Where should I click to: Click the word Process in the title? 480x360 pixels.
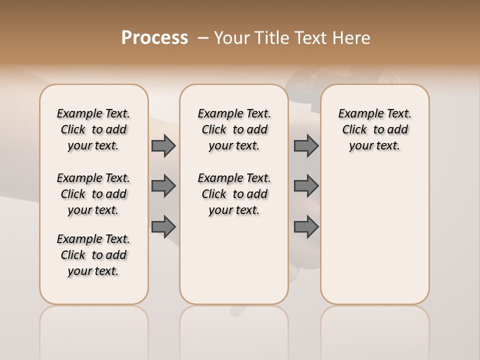[154, 38]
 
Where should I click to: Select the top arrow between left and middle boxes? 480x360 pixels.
[163, 146]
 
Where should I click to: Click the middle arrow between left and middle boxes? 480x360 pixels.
[163, 186]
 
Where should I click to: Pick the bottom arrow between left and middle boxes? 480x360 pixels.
[163, 226]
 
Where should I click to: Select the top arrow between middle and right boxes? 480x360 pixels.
[306, 146]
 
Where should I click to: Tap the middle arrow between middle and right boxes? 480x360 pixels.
[306, 186]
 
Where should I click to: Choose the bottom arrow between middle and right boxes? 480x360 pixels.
[306, 226]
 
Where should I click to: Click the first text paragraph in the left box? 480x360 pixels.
[93, 129]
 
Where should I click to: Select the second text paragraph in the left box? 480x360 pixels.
[93, 194]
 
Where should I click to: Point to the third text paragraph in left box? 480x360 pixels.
[93, 255]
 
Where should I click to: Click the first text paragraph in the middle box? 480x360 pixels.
[234, 129]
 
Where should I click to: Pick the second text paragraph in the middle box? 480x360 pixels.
[234, 194]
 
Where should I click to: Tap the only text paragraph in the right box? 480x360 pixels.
[374, 129]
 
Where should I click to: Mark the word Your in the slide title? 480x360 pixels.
[232, 38]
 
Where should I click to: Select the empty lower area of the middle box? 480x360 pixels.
[234, 260]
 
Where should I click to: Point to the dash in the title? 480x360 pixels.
[203, 38]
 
